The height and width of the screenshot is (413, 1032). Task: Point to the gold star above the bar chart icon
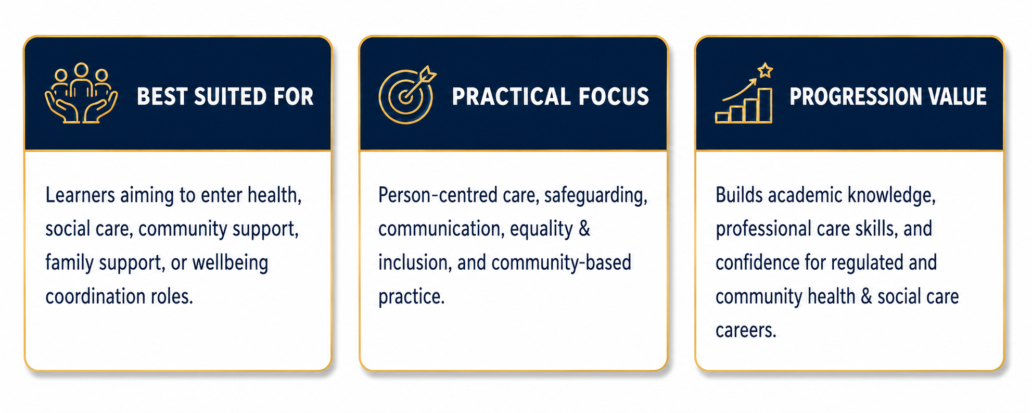(765, 70)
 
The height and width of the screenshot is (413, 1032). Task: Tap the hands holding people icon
(81, 93)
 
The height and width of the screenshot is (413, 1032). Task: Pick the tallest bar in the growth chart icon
(765, 105)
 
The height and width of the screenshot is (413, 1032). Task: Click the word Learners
(80, 195)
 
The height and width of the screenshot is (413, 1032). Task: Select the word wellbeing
(230, 263)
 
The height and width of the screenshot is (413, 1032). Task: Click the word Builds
(739, 195)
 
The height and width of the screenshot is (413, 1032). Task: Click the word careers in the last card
(746, 330)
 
